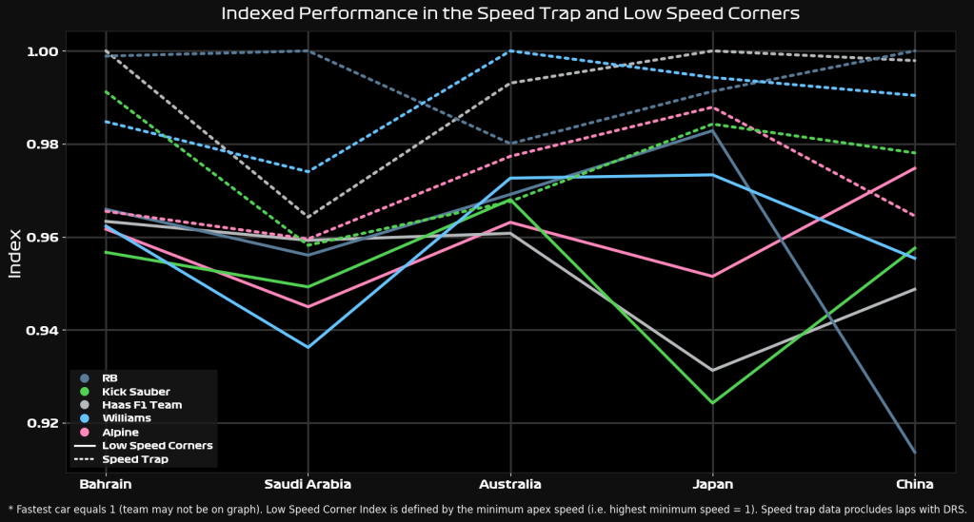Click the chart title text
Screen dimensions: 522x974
(x=509, y=13)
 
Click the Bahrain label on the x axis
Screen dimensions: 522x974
(x=106, y=484)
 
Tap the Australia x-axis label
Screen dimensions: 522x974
(x=510, y=484)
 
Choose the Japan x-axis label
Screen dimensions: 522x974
(x=712, y=484)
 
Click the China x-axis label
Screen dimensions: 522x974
(x=914, y=484)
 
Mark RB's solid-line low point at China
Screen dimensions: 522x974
(x=914, y=453)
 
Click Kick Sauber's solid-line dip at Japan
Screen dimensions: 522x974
(x=712, y=402)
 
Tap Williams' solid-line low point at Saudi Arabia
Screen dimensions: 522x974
(x=308, y=347)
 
